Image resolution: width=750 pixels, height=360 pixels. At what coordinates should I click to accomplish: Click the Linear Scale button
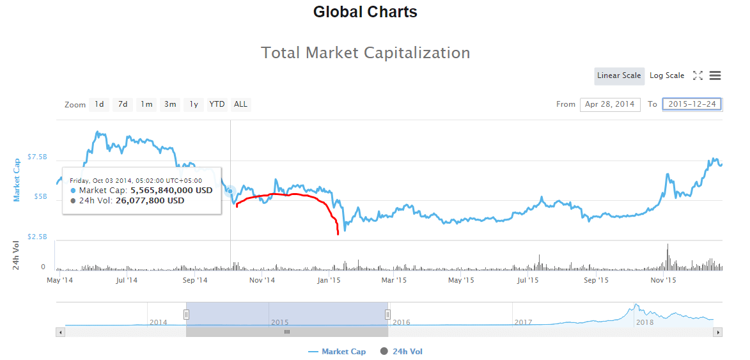click(x=619, y=75)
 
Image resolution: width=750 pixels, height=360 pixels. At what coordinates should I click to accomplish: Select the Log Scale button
click(x=667, y=75)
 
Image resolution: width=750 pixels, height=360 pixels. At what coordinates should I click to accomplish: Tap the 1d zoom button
click(x=99, y=104)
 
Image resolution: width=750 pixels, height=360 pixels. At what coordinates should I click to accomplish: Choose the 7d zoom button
click(x=123, y=104)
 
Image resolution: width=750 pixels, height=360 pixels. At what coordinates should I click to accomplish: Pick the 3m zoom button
click(x=170, y=104)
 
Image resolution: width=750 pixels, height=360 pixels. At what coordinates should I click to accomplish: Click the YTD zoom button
click(x=217, y=104)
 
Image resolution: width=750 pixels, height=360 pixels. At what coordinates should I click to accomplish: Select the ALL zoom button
click(x=240, y=104)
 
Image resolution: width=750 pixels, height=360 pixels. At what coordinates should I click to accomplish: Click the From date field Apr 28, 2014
click(x=610, y=104)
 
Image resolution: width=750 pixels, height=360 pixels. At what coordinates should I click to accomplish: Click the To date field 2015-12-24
click(x=692, y=104)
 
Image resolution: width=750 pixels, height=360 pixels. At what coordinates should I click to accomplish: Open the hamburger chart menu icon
click(x=715, y=75)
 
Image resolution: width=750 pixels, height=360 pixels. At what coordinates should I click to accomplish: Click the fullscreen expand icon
click(x=698, y=75)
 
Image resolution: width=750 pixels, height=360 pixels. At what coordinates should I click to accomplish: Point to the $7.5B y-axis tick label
click(x=37, y=157)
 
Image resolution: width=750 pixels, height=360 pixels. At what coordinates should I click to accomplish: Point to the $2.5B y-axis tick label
click(x=37, y=237)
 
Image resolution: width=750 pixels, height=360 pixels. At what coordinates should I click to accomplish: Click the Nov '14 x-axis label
click(x=262, y=280)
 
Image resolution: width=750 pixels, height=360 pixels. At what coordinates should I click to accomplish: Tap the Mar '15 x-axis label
click(x=394, y=280)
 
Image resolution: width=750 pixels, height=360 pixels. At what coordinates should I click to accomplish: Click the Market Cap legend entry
click(x=337, y=352)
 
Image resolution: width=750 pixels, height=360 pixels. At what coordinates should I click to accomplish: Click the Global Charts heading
click(x=365, y=12)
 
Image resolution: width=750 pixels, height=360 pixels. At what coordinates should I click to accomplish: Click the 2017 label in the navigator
click(x=523, y=322)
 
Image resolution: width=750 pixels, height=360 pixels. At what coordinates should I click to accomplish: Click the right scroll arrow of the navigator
click(x=718, y=332)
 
